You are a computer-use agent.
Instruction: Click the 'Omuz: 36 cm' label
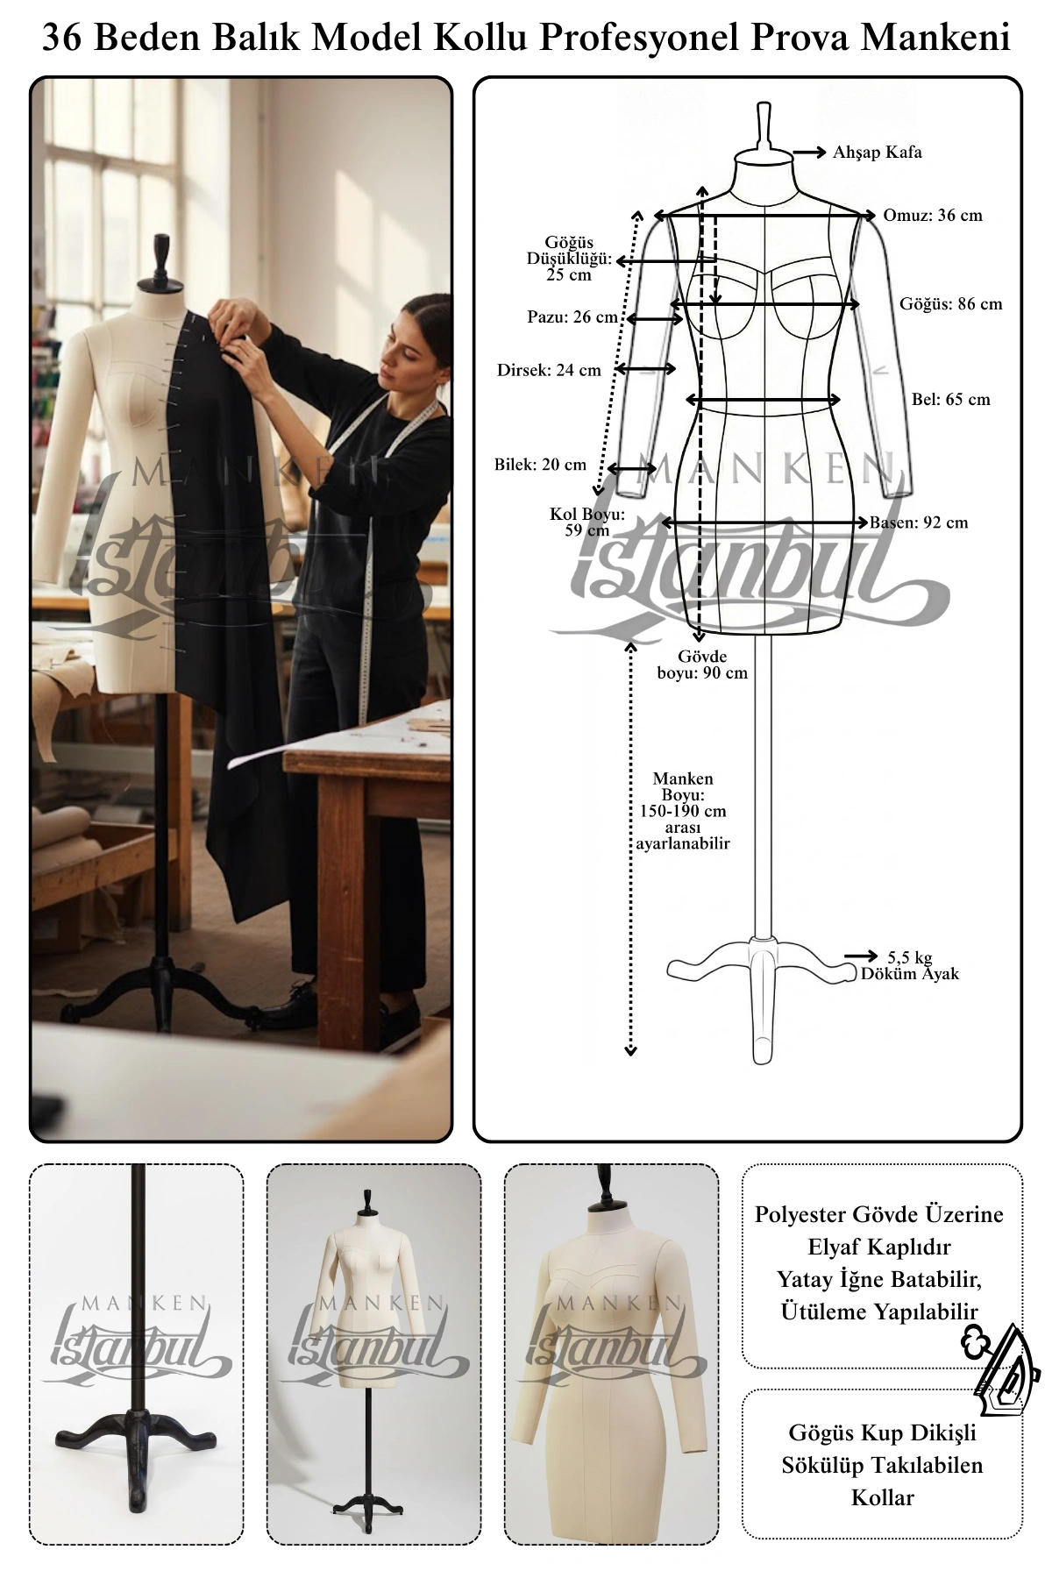pos(933,216)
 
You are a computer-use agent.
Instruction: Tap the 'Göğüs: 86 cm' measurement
pos(950,304)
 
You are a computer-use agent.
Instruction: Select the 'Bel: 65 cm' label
pos(951,400)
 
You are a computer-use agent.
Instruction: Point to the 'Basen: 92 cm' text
pos(919,522)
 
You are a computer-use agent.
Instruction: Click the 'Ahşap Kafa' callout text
pos(877,153)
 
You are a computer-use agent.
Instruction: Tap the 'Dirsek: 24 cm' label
pos(549,370)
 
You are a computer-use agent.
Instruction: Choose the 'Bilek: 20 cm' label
pos(540,465)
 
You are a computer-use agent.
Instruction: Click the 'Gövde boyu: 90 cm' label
pos(702,665)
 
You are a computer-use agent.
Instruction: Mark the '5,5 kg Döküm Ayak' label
pos(910,966)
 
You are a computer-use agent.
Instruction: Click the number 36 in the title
pos(61,38)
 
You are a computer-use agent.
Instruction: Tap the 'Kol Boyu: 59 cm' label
pos(587,522)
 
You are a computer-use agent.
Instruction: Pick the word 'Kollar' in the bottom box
pos(883,1497)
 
